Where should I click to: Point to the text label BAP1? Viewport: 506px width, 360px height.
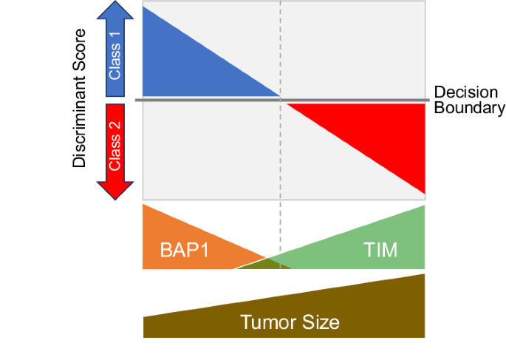(184, 250)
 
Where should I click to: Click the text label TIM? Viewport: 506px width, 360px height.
(380, 250)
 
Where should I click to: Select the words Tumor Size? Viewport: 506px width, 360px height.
(290, 322)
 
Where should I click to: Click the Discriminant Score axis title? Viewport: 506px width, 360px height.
(81, 99)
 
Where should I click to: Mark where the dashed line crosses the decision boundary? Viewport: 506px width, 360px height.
(280, 99)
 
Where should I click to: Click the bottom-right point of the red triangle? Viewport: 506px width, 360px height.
(425, 193)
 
